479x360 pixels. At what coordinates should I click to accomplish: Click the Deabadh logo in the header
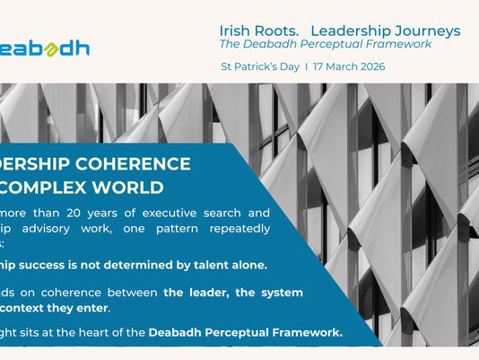(x=45, y=48)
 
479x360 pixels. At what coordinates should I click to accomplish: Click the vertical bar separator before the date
(x=307, y=67)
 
